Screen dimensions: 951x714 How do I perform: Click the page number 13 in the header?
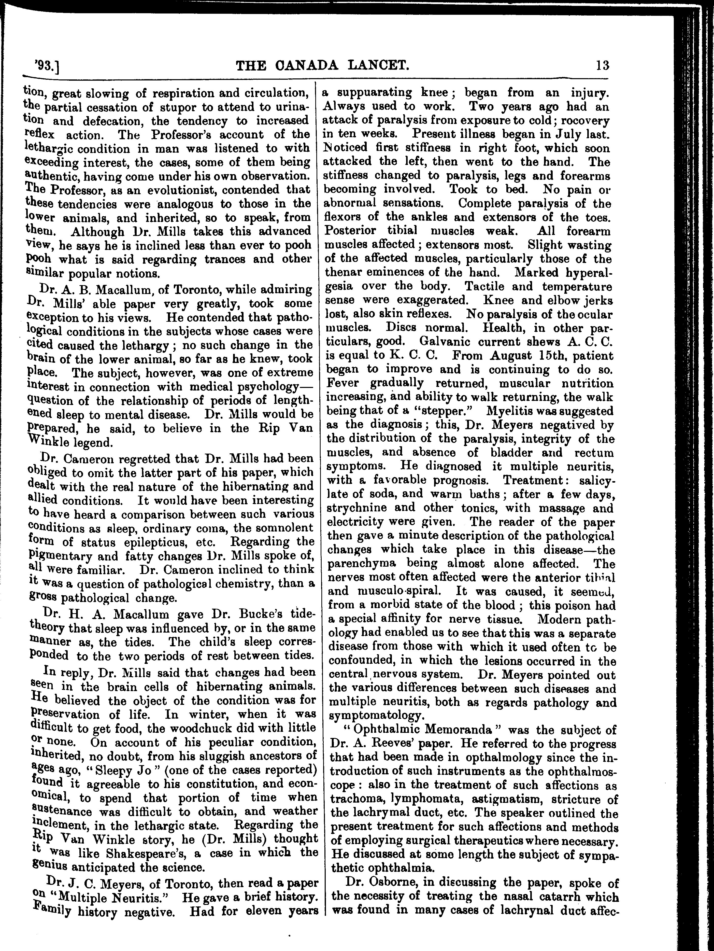602,66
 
